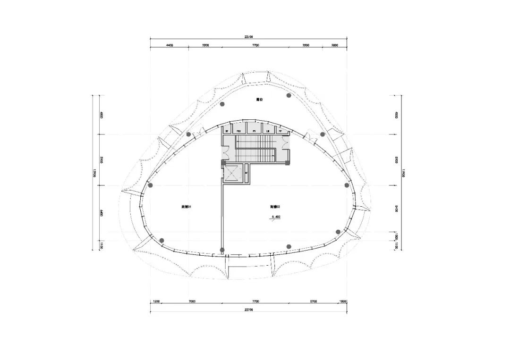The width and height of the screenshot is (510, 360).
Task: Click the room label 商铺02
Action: point(275,207)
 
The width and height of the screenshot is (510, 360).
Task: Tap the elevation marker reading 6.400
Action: point(276,218)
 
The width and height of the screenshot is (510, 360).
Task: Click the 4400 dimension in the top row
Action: point(170,45)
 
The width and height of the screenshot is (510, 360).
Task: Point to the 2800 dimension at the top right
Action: point(334,45)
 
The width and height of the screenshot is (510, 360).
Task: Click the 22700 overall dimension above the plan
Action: point(249,37)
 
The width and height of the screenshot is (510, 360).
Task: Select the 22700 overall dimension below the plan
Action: point(249,310)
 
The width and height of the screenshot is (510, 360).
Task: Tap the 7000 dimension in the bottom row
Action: point(192,301)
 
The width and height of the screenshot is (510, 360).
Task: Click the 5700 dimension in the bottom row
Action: point(314,301)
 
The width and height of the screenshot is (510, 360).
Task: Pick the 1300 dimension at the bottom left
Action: point(157,301)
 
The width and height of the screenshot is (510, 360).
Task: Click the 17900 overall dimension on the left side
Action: point(94,173)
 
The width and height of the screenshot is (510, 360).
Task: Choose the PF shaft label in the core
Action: point(280,131)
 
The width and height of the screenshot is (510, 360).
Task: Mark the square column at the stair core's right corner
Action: point(287,163)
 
